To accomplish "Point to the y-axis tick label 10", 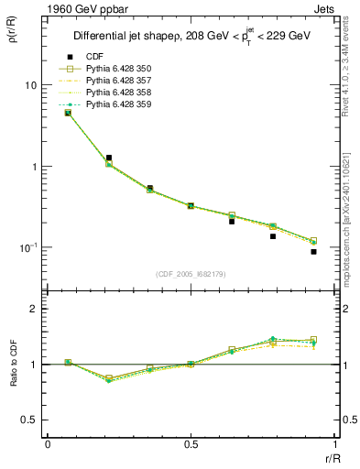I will (x=29, y=85).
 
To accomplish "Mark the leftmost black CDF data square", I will (x=68, y=113).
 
